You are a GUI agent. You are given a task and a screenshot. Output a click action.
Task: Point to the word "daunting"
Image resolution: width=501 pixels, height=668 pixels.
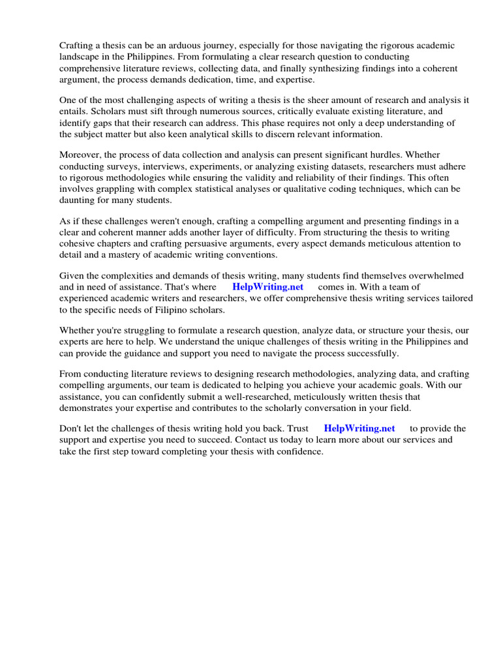[80, 200]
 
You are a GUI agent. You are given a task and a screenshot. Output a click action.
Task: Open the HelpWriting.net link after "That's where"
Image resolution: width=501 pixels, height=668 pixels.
[267, 287]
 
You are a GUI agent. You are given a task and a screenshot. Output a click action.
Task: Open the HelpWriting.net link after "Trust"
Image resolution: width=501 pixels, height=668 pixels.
[359, 429]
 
